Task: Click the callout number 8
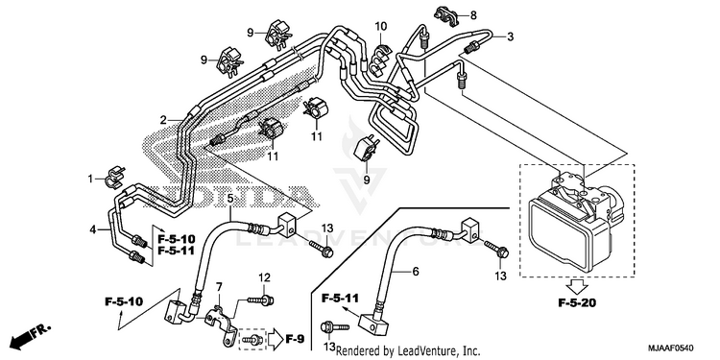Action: [473, 15]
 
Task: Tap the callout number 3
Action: [510, 36]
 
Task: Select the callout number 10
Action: [381, 26]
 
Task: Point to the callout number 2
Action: [163, 120]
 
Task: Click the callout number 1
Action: [90, 179]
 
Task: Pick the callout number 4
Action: [93, 229]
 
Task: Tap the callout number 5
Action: [230, 199]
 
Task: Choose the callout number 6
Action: [416, 272]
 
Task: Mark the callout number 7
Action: [219, 287]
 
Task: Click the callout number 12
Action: [264, 277]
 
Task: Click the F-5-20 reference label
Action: [577, 302]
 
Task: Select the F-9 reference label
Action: [295, 339]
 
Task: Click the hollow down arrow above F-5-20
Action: [577, 287]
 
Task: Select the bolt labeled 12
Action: [260, 300]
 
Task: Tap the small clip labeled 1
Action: [113, 178]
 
